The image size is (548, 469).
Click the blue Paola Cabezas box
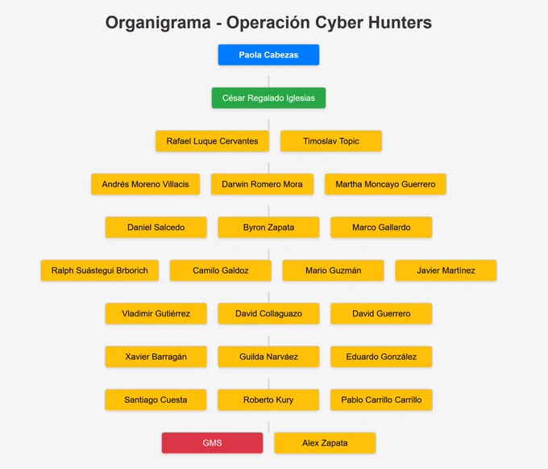click(x=268, y=55)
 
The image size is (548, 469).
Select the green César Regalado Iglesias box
click(x=268, y=98)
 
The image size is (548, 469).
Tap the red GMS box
click(x=212, y=442)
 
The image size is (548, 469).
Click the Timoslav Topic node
click(x=331, y=141)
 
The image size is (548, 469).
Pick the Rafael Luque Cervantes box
click(x=212, y=141)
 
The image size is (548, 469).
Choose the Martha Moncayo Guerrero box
click(x=385, y=184)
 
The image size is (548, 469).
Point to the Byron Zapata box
click(x=268, y=227)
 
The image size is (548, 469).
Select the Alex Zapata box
click(x=325, y=442)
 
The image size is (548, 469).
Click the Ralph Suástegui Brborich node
click(x=100, y=270)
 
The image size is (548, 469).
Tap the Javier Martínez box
click(x=446, y=270)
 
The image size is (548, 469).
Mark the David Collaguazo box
click(x=268, y=313)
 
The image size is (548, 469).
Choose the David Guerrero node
click(x=381, y=313)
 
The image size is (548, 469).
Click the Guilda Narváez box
click(x=268, y=357)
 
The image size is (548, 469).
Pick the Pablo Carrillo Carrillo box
click(x=381, y=400)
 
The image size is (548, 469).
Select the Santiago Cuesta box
click(x=156, y=400)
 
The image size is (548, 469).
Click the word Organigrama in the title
click(x=158, y=23)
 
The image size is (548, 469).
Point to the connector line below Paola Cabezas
click(x=268, y=82)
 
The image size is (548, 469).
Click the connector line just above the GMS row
click(x=268, y=427)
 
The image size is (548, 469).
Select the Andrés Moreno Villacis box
click(x=145, y=184)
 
